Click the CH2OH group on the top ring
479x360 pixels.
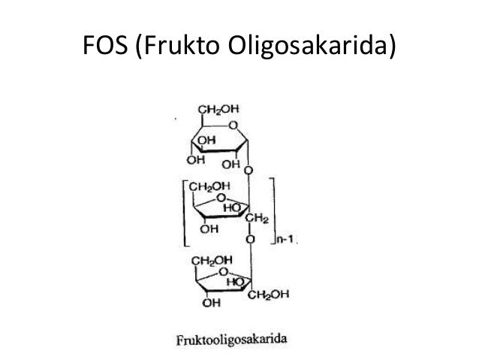(x=215, y=110)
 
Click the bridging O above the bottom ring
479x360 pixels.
(x=249, y=241)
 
